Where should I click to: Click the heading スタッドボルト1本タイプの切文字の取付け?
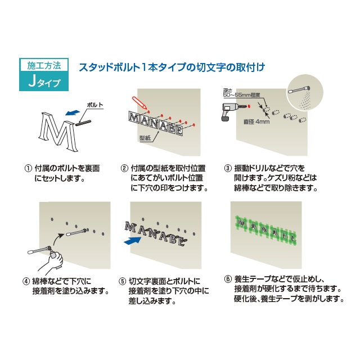pos(172,67)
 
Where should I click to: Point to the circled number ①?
pos(27,168)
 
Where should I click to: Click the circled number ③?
pos(228,168)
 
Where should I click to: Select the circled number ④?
pos(27,281)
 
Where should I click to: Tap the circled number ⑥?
pos(228,277)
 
